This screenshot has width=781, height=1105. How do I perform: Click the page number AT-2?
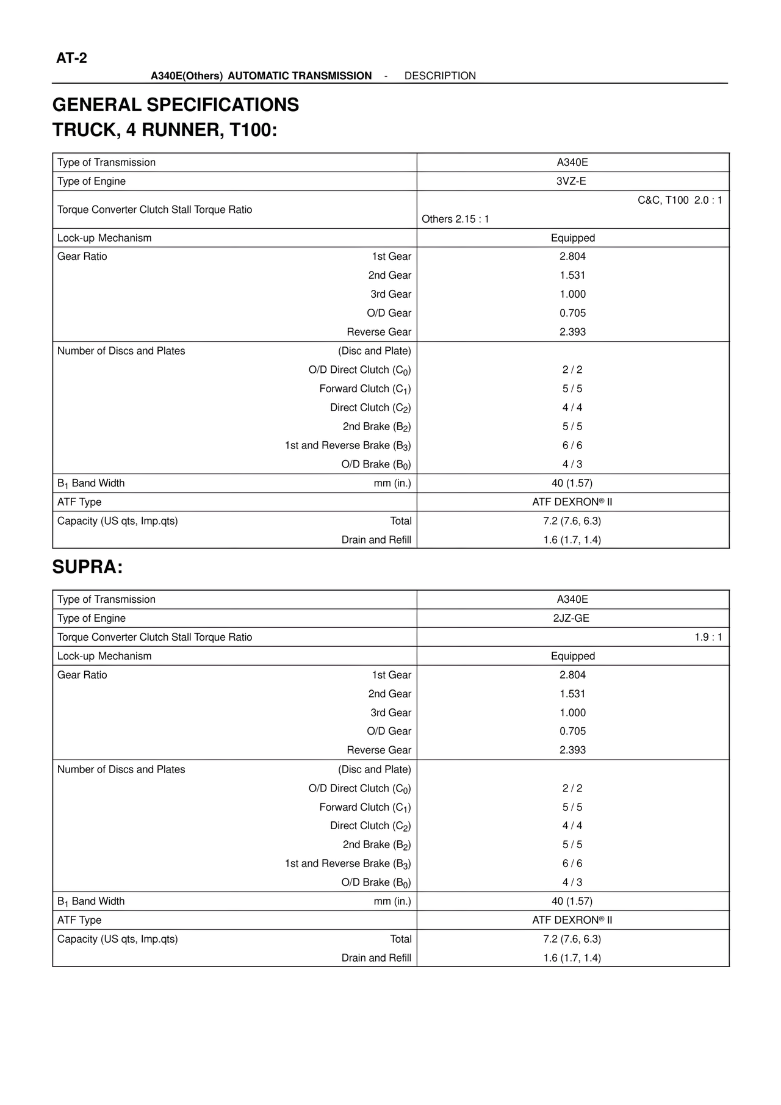pyautogui.click(x=71, y=58)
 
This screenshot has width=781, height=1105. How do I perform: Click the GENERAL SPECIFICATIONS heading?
pyautogui.click(x=176, y=105)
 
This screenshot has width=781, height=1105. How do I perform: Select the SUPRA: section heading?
pyautogui.click(x=88, y=567)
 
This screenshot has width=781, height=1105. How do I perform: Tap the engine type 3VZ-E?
pyautogui.click(x=572, y=181)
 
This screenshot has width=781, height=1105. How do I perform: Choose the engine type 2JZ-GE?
pyautogui.click(x=572, y=618)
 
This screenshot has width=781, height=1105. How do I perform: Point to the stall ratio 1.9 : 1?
pyautogui.click(x=708, y=637)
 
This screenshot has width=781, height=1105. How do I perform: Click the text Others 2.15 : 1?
pyautogui.click(x=455, y=219)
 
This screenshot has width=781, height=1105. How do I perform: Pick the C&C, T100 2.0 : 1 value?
pyautogui.click(x=680, y=200)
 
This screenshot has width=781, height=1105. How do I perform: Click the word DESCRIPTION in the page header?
pyautogui.click(x=440, y=76)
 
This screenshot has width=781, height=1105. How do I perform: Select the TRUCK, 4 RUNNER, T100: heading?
pyautogui.click(x=165, y=130)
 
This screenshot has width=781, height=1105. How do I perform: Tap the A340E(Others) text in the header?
pyautogui.click(x=187, y=76)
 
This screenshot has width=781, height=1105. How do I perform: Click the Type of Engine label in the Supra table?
pyautogui.click(x=92, y=618)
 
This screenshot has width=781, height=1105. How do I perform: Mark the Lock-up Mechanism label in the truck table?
pyautogui.click(x=104, y=238)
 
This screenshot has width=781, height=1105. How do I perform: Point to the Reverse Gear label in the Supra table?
pyautogui.click(x=379, y=750)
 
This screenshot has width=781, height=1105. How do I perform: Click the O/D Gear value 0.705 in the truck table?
pyautogui.click(x=572, y=313)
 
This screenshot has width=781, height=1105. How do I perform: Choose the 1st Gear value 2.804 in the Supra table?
pyautogui.click(x=572, y=675)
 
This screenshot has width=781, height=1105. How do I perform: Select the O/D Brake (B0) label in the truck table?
pyautogui.click(x=376, y=464)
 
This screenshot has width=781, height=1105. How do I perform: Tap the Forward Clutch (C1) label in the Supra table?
pyautogui.click(x=365, y=807)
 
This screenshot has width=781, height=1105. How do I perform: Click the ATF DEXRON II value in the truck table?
pyautogui.click(x=572, y=502)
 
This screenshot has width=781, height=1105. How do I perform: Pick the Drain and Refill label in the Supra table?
pyautogui.click(x=376, y=958)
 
